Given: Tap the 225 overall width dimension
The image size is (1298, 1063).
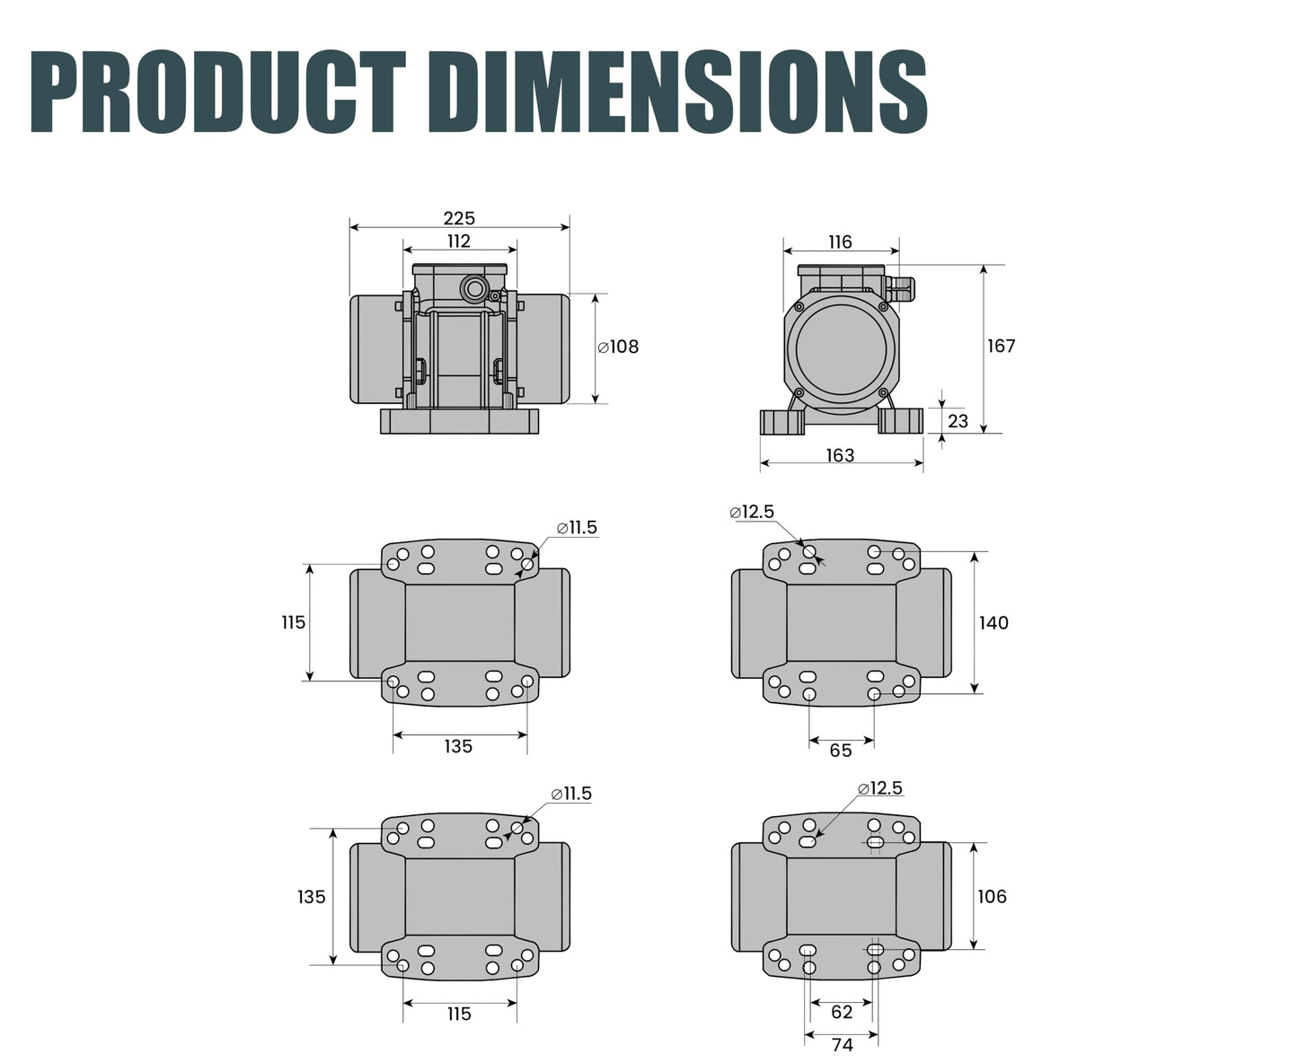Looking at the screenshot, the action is click(459, 218).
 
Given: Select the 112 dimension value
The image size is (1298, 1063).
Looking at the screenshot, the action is click(459, 242).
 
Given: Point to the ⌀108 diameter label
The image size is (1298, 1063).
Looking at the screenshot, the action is click(619, 347).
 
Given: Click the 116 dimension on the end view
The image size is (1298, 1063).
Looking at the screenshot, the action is click(840, 242).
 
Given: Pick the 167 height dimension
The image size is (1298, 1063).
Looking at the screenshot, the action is click(1002, 347).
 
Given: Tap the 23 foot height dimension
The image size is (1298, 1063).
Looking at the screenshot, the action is click(958, 421).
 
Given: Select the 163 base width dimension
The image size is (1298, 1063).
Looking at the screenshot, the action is click(840, 455).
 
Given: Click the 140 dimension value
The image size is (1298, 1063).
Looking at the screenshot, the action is click(994, 623).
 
